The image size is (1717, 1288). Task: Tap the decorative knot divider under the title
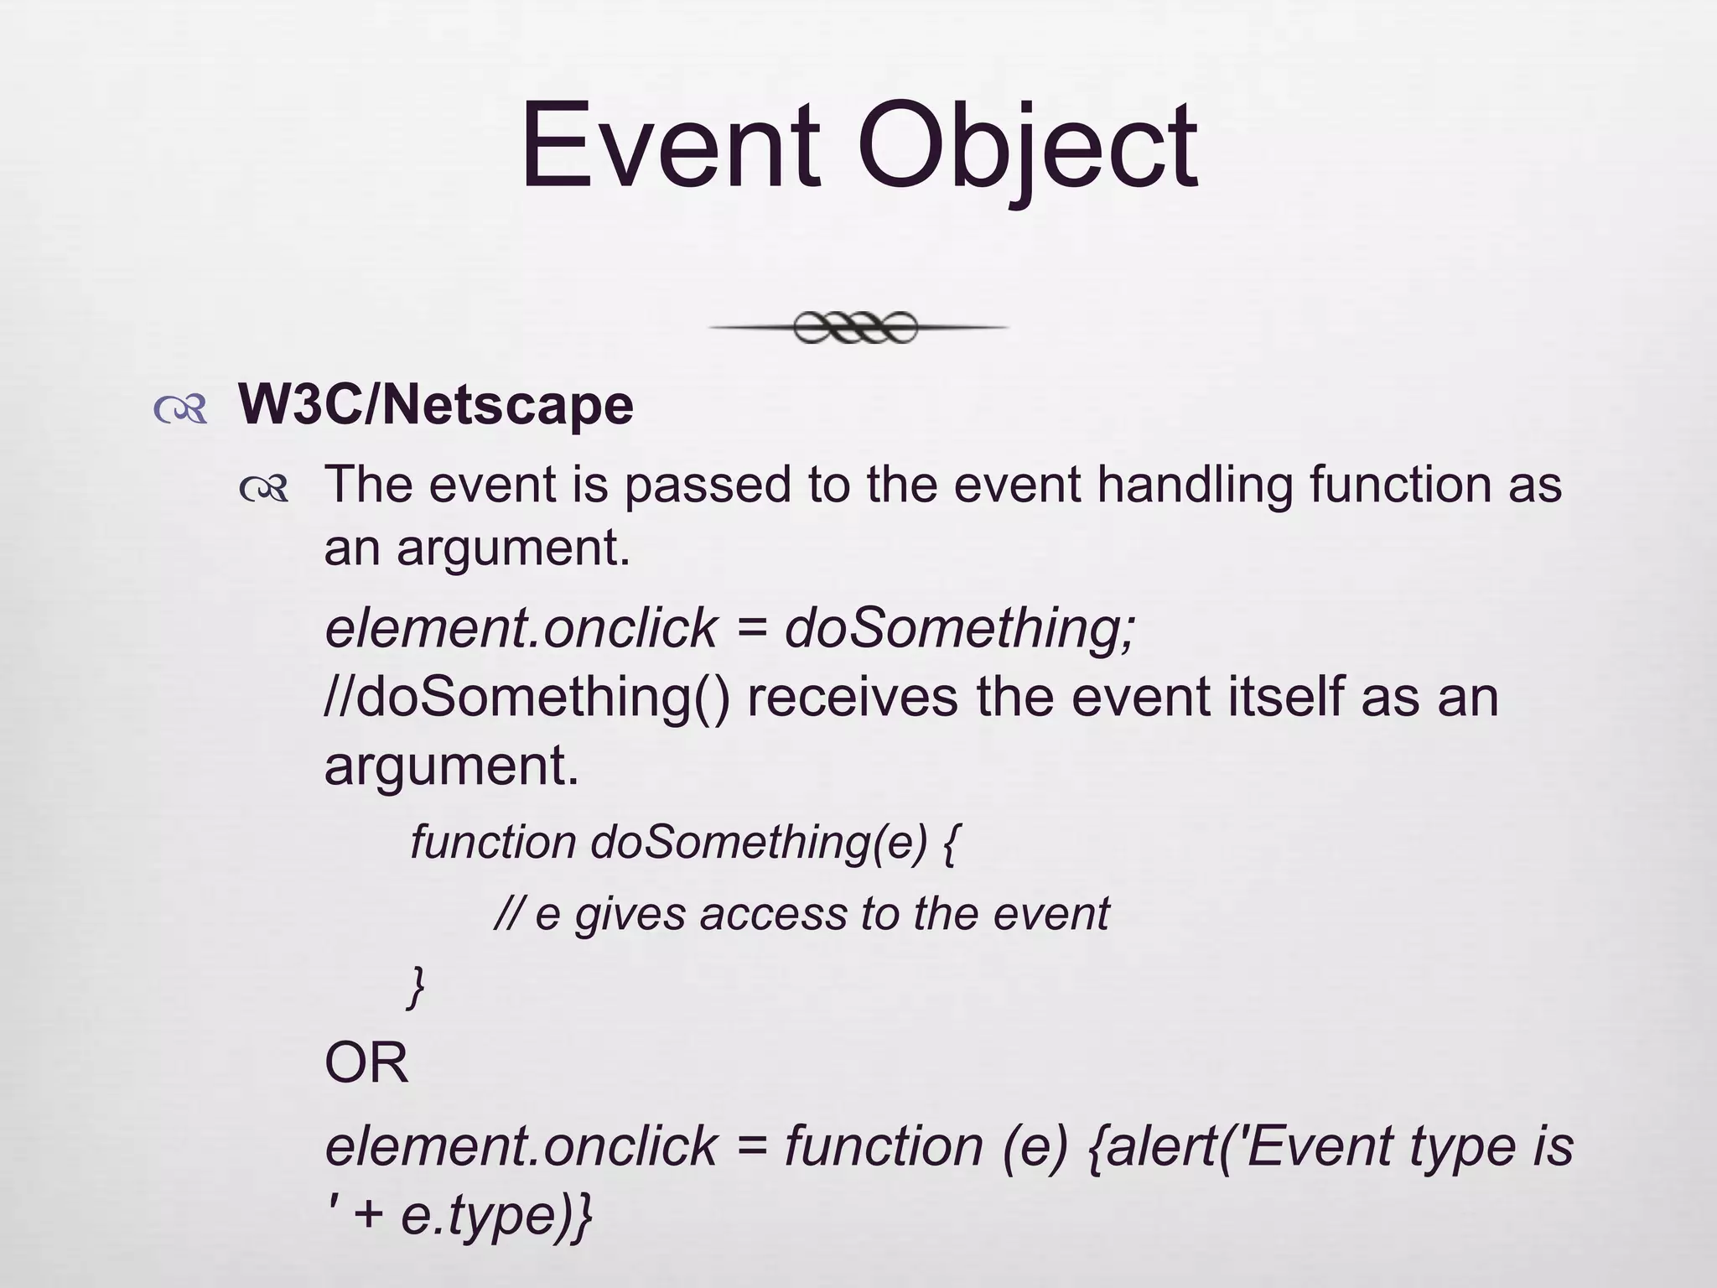coord(857,327)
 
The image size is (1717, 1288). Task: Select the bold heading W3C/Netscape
coord(436,406)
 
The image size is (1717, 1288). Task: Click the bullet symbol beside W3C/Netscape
coord(180,409)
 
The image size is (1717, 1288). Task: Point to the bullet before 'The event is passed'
coord(264,489)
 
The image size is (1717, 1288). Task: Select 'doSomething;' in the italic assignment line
coord(961,627)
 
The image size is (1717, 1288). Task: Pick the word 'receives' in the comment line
coord(852,698)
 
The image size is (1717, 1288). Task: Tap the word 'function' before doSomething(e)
coord(493,842)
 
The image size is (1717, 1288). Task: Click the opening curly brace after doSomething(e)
coord(950,844)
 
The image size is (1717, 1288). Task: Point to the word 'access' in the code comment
coord(773,914)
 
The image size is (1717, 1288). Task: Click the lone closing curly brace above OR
coord(416,986)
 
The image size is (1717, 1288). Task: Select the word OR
coord(366,1063)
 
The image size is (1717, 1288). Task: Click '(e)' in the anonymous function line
coord(1035,1147)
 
